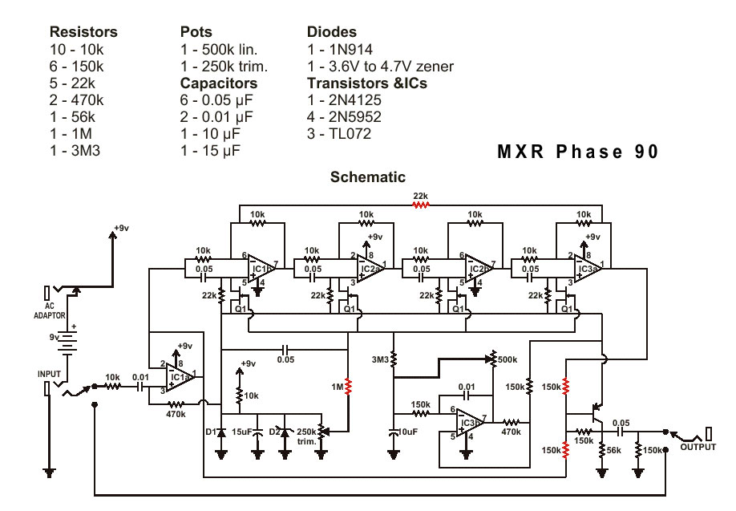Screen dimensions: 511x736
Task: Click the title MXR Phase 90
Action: click(578, 152)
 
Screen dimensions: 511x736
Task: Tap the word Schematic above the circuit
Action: click(368, 177)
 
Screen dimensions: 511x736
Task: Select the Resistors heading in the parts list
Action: click(83, 32)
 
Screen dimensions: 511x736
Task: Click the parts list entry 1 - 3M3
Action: click(76, 151)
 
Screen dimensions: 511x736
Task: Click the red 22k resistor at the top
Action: click(420, 204)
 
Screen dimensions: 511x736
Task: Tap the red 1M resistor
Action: click(347, 387)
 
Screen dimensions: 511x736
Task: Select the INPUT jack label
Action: click(49, 374)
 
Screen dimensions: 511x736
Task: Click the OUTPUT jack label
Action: click(698, 447)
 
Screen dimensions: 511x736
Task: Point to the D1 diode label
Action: click(211, 432)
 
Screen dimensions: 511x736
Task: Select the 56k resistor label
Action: click(613, 452)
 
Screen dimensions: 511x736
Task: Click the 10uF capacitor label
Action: click(406, 432)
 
